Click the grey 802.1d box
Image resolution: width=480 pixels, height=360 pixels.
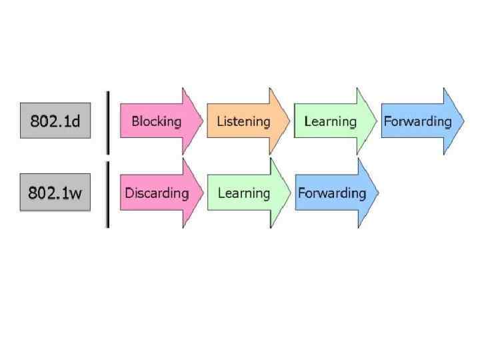tap(55, 121)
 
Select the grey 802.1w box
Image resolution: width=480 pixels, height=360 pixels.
tap(55, 193)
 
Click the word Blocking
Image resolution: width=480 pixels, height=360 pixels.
tap(156, 121)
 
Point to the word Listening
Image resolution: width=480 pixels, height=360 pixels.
tap(243, 121)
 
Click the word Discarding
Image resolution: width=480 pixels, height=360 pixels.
tap(157, 193)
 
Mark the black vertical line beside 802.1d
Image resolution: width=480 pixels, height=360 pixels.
tap(107, 121)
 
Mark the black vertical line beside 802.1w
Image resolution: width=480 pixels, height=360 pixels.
tap(107, 193)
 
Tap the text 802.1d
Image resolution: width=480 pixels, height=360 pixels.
tap(55, 121)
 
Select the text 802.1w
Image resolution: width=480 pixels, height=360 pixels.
tap(55, 193)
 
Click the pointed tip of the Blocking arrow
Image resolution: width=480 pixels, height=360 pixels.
tap(202, 121)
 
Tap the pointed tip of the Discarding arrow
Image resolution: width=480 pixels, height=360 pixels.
tap(202, 193)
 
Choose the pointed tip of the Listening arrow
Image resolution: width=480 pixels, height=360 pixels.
tap(289, 121)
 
